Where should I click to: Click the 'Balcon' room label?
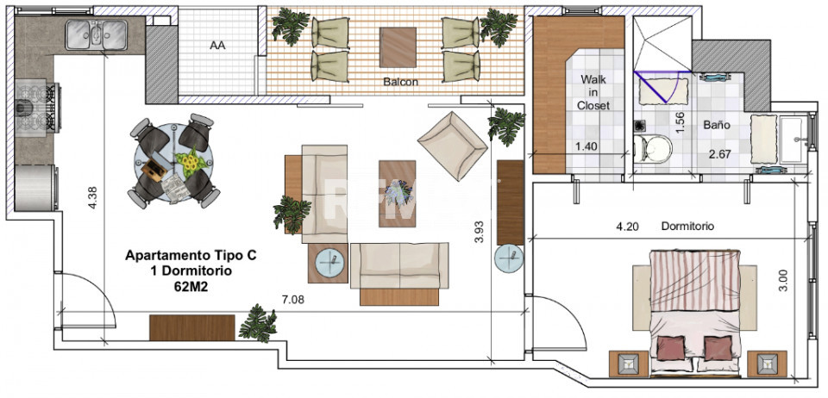(x=400, y=82)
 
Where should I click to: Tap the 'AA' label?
(x=217, y=47)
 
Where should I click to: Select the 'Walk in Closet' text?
(x=593, y=92)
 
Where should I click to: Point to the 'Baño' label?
(x=717, y=125)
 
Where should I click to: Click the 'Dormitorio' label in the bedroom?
(x=687, y=227)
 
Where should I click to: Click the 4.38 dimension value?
(x=92, y=200)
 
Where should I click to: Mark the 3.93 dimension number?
(x=480, y=233)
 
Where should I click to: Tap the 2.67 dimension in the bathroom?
(x=719, y=155)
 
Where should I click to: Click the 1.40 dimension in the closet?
(x=586, y=146)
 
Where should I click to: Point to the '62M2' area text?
(x=191, y=288)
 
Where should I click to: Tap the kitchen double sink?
(x=97, y=34)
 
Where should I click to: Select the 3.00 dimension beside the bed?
(x=782, y=279)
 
